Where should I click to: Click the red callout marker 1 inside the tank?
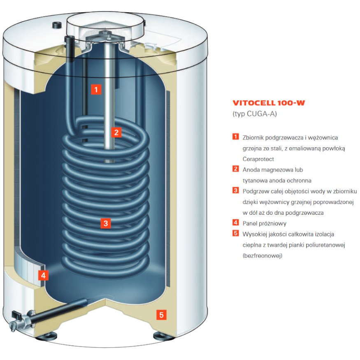(96, 89)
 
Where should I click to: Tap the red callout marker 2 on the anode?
(116, 132)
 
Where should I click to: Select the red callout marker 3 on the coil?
(106, 223)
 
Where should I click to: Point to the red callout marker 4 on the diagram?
(43, 275)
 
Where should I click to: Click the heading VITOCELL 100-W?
(269, 103)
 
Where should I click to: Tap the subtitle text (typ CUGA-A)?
(255, 114)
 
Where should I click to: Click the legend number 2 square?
(236, 169)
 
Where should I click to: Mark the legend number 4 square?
(236, 223)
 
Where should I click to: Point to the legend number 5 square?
(236, 234)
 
